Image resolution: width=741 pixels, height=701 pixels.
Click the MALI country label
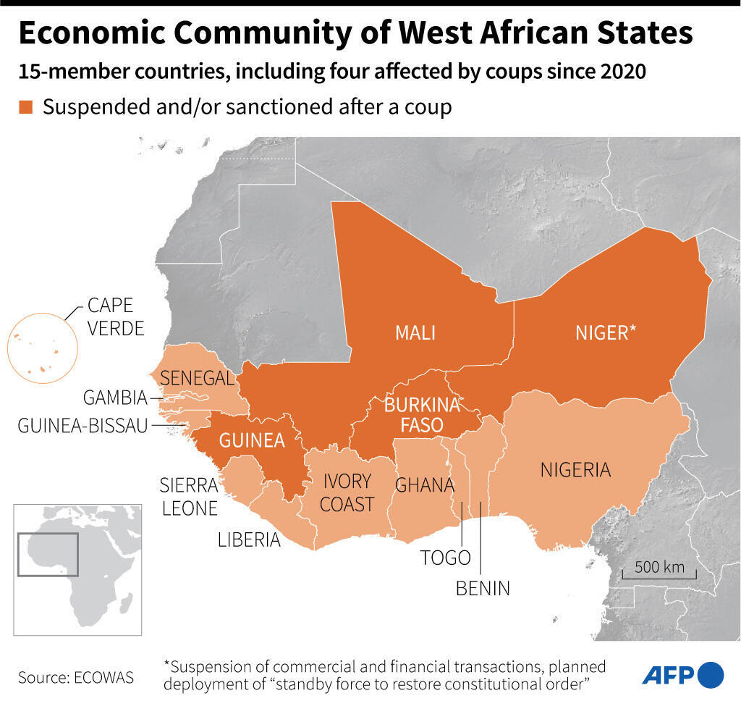point(415,332)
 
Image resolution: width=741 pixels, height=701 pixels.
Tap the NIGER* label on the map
point(606,332)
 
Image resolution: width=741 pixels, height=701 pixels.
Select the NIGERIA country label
point(575,470)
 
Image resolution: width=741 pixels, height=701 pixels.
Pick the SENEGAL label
point(197,377)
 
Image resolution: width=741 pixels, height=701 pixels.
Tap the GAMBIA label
point(115,398)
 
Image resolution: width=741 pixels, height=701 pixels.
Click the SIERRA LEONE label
point(189,496)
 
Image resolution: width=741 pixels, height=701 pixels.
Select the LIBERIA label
point(249,540)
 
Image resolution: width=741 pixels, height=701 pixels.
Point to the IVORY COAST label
point(347,492)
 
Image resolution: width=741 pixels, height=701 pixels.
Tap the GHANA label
point(424,484)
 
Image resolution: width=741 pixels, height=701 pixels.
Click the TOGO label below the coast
point(446,558)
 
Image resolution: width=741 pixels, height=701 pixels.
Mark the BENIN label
point(483,588)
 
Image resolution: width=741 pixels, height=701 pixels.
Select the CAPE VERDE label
point(116,316)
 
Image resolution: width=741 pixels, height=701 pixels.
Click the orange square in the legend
point(26,107)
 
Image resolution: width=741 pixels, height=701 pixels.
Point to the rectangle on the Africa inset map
point(48,554)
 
